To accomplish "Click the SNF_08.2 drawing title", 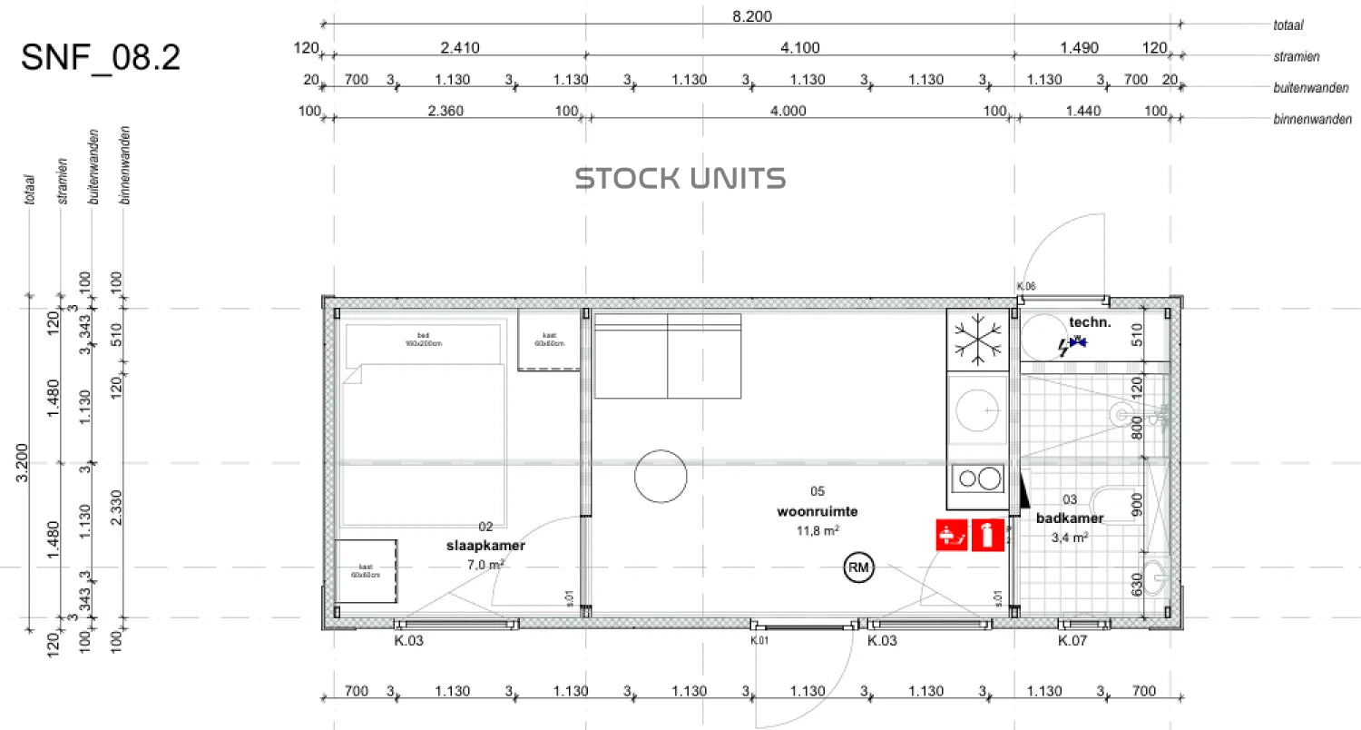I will (100, 57).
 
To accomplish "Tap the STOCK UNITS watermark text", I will (680, 178).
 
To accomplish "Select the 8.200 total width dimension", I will (752, 16).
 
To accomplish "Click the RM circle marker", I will (857, 568).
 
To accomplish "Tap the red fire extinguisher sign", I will (986, 535).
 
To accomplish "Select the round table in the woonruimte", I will (661, 476).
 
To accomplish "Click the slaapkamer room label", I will (485, 546).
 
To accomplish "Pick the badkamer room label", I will (1070, 518).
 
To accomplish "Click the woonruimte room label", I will (817, 511).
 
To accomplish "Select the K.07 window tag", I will (1073, 641).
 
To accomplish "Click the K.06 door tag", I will (1025, 287).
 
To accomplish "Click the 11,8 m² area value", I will (818, 530).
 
